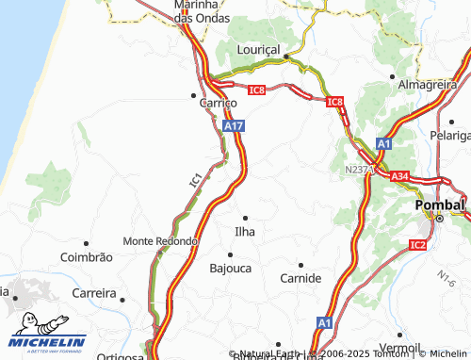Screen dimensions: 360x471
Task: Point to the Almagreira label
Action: (428, 84)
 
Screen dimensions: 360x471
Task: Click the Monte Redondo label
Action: (160, 240)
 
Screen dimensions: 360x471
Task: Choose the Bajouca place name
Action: (230, 268)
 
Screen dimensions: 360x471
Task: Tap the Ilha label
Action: (245, 231)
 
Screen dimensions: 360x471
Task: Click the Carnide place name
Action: (300, 279)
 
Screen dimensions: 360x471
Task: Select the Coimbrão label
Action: (86, 256)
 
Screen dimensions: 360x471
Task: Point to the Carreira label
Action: (94, 292)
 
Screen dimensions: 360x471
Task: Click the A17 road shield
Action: (235, 124)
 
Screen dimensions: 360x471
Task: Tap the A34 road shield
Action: (399, 175)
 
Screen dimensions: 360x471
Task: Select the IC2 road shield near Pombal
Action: (418, 245)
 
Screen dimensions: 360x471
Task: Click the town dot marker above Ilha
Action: (246, 218)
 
